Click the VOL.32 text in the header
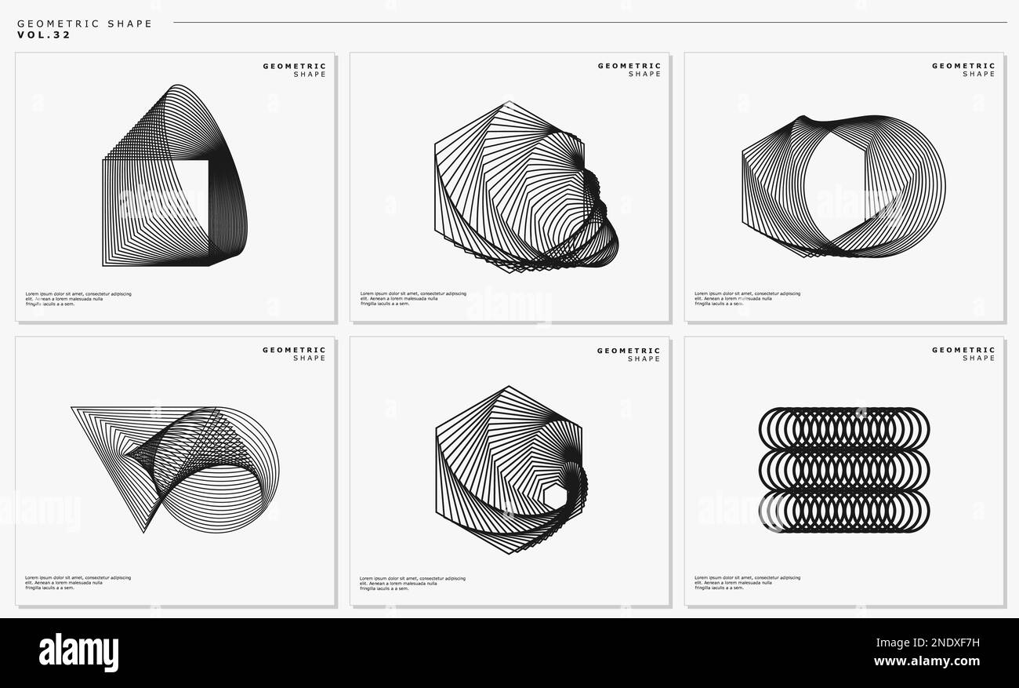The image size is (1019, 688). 44,35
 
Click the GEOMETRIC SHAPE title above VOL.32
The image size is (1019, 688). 85,24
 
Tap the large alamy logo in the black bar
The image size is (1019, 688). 78,653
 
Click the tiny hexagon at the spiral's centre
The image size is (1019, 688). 554,496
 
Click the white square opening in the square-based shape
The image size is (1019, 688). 188,196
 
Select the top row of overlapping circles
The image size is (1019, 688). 843,428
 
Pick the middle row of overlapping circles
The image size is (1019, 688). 843,470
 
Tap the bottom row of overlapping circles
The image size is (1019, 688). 843,511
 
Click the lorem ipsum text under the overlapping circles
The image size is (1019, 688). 747,582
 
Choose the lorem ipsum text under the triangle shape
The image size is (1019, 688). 78,582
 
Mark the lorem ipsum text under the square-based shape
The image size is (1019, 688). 78,298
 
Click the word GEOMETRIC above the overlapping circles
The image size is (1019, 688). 963,350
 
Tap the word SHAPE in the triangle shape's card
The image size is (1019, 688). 309,359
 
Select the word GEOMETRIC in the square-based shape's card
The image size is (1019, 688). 294,66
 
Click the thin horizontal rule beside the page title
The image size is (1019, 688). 588,23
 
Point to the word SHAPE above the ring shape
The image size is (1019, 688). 978,75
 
